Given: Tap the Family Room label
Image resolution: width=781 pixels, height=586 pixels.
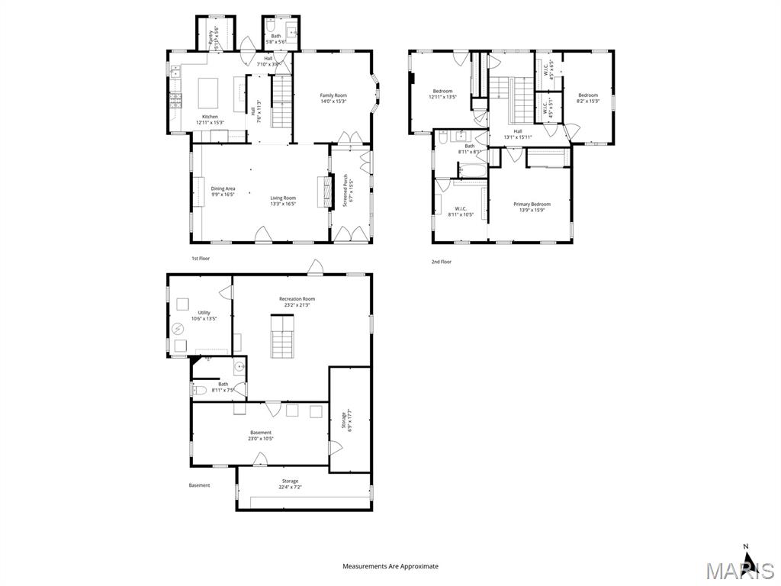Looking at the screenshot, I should tap(333, 98).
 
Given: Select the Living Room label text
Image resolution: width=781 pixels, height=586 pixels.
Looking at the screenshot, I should tap(282, 201).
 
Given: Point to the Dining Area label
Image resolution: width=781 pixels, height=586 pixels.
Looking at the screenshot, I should tap(223, 192).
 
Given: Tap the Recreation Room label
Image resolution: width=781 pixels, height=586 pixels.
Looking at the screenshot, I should tap(297, 302).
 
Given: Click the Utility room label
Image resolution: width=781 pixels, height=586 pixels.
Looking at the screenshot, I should tap(204, 315).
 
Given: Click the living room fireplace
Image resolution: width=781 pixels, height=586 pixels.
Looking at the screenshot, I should tap(323, 192).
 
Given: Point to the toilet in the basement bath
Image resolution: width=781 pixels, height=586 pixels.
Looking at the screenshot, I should tap(200, 391).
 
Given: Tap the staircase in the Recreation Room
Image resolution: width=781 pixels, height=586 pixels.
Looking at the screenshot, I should tap(281, 339).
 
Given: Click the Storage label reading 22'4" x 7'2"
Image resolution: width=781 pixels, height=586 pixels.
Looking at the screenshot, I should tap(290, 484).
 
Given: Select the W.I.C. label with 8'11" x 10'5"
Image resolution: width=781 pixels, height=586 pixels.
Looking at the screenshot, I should tap(461, 211).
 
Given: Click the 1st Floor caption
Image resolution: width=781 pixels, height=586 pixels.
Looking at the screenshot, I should tap(201, 259).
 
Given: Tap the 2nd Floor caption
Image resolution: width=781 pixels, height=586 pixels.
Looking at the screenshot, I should tap(441, 262).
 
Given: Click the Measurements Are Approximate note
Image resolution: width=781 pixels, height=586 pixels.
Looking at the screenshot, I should tap(390, 566).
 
